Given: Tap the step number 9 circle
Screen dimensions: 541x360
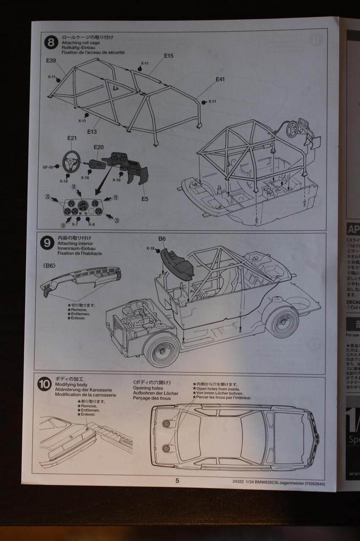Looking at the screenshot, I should pos(47,243).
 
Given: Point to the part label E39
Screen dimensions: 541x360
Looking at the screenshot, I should pos(50,60).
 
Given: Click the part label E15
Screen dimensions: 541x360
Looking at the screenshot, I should pos(169,56).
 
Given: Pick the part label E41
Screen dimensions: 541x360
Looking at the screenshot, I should pos(220,79).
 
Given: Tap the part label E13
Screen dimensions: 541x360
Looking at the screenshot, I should pos(92,132).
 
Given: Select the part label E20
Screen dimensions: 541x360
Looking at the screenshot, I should pos(99,147).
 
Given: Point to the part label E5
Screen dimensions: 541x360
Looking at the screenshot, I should pos(145,198).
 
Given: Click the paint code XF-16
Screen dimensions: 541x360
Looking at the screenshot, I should pos(48,167).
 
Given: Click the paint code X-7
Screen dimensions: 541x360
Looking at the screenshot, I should pos(75,224).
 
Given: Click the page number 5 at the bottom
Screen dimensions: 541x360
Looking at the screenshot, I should pos(177,480).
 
